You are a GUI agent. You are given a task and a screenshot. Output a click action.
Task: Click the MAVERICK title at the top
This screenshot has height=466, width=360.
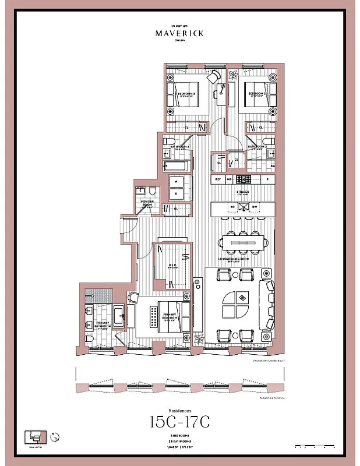[x=179, y=33]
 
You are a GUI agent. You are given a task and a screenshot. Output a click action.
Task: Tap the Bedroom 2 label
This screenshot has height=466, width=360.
[x=186, y=93]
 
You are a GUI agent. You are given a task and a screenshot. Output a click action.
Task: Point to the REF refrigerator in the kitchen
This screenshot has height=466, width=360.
[x=218, y=179]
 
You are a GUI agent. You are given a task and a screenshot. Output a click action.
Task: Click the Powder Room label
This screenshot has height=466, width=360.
[x=147, y=203]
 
